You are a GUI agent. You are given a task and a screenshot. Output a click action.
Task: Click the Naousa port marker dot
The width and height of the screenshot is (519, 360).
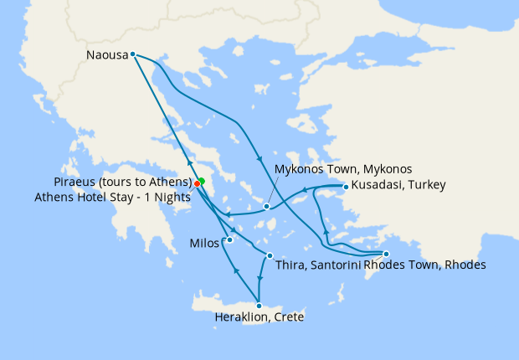[x=132, y=54]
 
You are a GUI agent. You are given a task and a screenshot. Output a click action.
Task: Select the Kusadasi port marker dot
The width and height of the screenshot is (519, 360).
[x=346, y=186]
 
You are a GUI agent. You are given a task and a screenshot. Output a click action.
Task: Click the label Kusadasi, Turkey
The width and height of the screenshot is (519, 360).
[x=398, y=185]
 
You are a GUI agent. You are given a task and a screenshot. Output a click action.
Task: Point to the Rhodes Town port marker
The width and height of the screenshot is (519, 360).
[x=386, y=254]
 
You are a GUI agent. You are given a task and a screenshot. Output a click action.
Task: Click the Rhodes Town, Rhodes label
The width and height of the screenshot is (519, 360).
[x=425, y=265]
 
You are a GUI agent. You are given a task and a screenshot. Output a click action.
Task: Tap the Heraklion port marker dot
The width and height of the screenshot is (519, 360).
[x=260, y=306]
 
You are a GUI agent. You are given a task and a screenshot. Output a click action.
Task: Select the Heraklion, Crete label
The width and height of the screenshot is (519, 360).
[x=259, y=318]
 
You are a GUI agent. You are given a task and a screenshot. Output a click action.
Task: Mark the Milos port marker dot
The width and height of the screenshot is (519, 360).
[x=229, y=240]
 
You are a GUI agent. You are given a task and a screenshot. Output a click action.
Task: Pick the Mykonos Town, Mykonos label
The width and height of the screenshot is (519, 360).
[x=343, y=169]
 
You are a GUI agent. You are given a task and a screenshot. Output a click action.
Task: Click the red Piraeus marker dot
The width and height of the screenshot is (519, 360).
[x=197, y=184]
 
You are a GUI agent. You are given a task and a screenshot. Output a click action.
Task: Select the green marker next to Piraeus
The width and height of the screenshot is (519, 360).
[x=202, y=181]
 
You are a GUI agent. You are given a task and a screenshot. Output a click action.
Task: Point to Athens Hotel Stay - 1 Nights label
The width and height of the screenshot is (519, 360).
[x=115, y=198]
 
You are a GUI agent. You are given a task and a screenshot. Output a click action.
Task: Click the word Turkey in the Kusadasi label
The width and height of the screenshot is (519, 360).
[x=427, y=185]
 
